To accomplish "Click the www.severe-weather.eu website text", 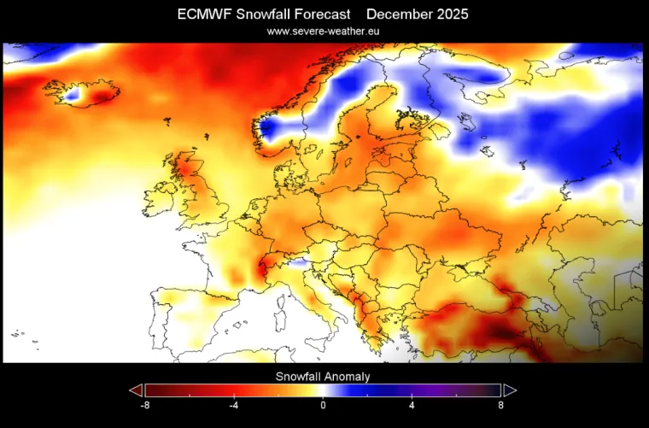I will tap(323, 31).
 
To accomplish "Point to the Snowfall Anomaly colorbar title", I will tap(323, 376).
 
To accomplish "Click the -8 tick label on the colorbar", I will tap(145, 405).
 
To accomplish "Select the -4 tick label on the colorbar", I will tap(234, 405).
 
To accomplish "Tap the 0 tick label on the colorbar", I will tap(323, 405).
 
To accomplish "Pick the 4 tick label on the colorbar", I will tap(412, 405).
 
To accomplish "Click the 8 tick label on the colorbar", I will tap(500, 405).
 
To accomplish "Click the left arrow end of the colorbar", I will tap(135, 390).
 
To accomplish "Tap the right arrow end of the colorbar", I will tap(511, 390).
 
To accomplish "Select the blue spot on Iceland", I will tap(72, 97).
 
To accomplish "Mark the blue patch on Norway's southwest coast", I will tap(267, 130).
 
